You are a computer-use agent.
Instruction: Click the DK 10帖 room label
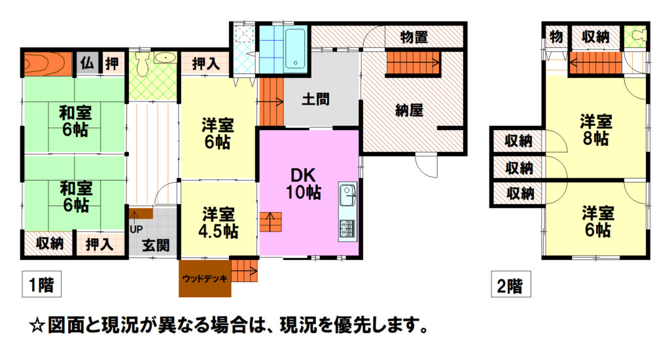pos(304,184)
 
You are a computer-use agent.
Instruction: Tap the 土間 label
pos(315,99)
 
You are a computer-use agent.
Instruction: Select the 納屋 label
pos(409,111)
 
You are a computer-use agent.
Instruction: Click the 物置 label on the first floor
pos(414,37)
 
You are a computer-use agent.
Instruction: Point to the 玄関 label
pos(156,245)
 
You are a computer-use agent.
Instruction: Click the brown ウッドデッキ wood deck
pos(205,278)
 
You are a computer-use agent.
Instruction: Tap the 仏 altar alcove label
pos(87,63)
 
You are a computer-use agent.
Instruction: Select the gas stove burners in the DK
pos(347,229)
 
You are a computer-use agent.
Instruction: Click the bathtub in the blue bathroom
pos(295,48)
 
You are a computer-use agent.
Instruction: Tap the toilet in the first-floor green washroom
pos(142,63)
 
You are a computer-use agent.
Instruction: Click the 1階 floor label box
pos(41,284)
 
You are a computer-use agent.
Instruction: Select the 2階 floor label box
pos(510,284)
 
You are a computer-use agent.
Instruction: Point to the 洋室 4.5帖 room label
pos(219,223)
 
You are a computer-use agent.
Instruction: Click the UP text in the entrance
pos(136,229)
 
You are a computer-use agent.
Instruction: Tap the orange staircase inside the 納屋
pos(414,62)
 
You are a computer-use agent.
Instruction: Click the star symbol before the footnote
pos(37,326)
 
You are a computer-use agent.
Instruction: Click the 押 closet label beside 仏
pos(113,63)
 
